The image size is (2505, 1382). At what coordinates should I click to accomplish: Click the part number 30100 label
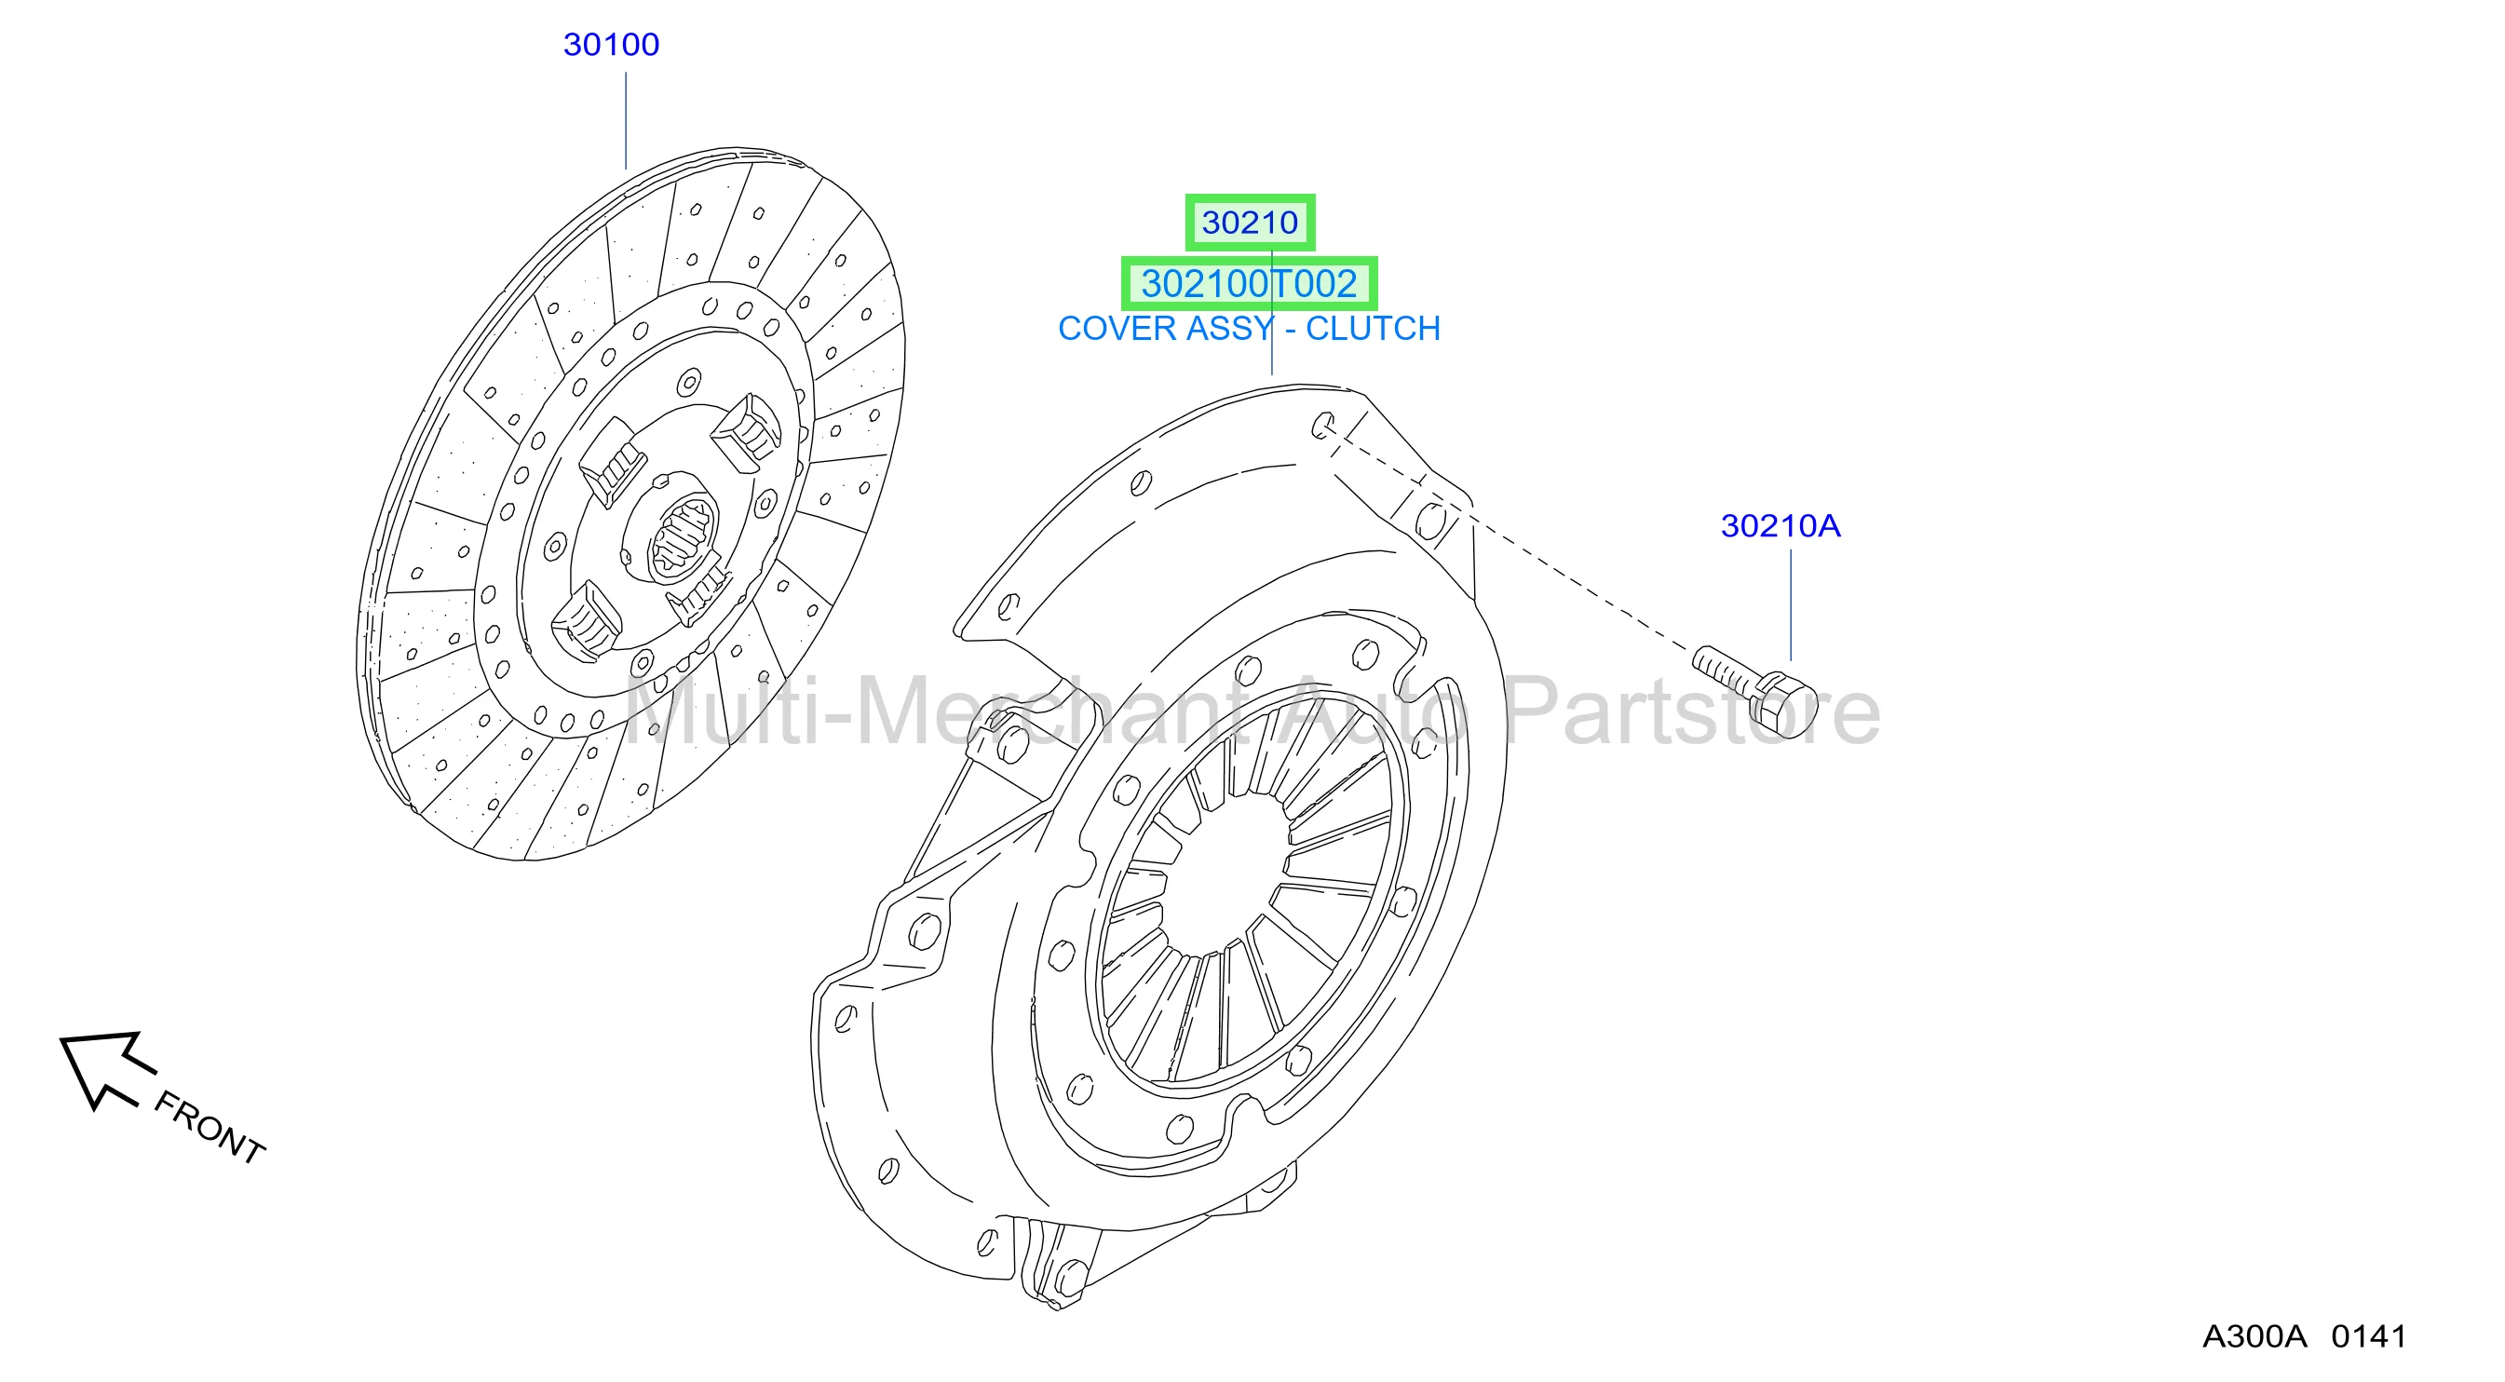tap(611, 45)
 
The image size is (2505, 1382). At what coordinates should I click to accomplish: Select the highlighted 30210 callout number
tap(1250, 223)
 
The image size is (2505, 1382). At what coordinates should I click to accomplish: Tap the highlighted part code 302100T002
tap(1249, 284)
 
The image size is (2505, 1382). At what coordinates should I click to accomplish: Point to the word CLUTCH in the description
tap(1372, 329)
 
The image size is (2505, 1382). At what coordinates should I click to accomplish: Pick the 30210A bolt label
tap(1781, 526)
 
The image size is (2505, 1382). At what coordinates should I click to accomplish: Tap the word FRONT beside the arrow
tap(210, 1127)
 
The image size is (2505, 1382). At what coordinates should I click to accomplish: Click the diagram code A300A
tap(2254, 1336)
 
